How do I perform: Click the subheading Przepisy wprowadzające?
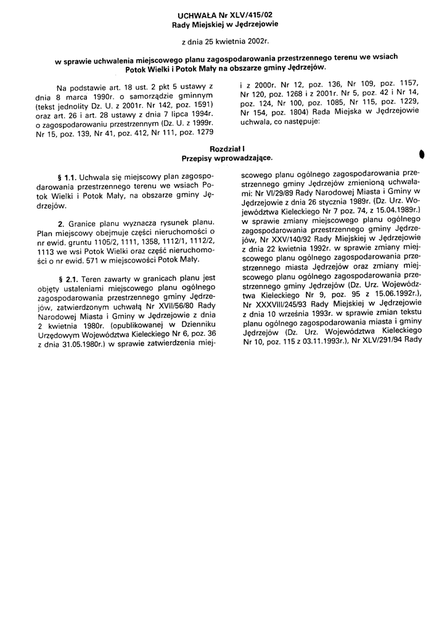coord(228,159)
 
